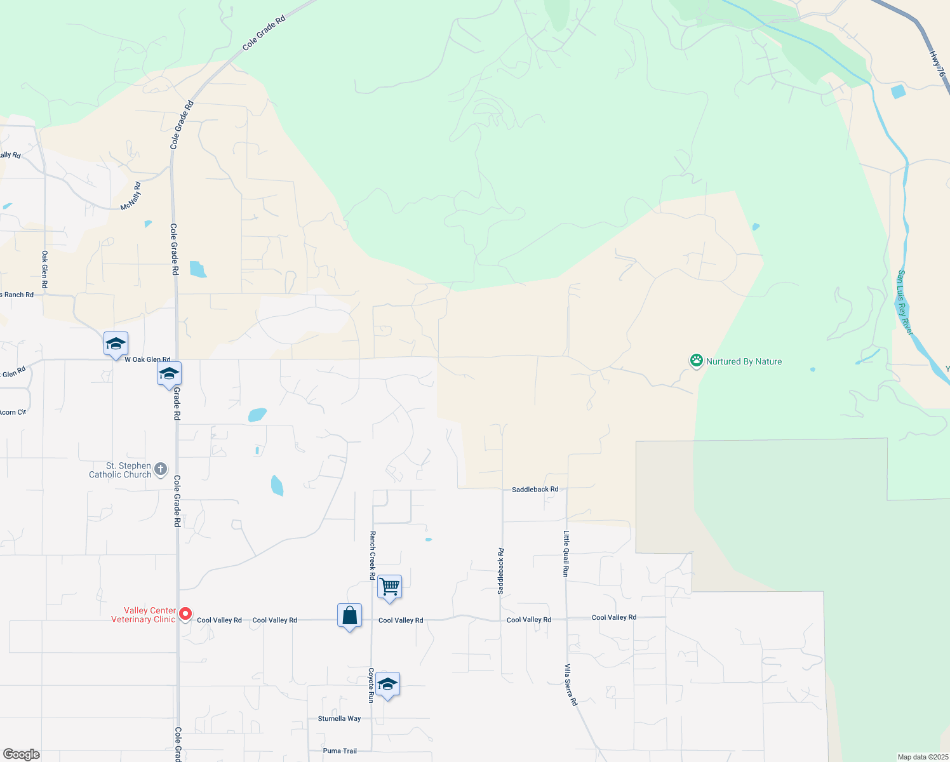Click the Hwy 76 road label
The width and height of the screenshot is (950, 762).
[x=937, y=64]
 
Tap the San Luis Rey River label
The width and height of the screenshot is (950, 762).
[x=905, y=303]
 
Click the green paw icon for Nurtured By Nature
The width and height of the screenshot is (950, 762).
[x=697, y=361]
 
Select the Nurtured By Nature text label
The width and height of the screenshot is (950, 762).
[x=744, y=361]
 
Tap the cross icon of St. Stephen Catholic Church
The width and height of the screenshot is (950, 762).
[x=161, y=469]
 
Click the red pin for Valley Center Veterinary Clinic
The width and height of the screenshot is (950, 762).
[x=185, y=613]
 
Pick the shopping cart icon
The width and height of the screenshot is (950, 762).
[x=389, y=586]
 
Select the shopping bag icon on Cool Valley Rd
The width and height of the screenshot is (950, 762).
[x=349, y=615]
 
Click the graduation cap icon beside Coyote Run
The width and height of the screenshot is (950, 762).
[x=387, y=684]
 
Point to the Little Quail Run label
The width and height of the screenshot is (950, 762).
[x=566, y=554]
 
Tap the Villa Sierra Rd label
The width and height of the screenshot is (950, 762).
[x=572, y=685]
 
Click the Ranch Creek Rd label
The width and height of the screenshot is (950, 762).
[x=373, y=556]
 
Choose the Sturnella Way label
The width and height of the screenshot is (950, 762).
[x=339, y=719]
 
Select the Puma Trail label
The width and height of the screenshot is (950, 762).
[x=340, y=751]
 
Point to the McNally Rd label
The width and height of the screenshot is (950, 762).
[x=131, y=196]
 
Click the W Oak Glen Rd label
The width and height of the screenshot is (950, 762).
[x=147, y=359]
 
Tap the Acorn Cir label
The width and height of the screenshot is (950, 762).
[x=13, y=412]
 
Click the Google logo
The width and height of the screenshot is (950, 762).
[x=22, y=754]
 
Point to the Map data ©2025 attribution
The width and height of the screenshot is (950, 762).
[x=923, y=757]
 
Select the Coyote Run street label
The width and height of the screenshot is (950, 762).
[x=371, y=685]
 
